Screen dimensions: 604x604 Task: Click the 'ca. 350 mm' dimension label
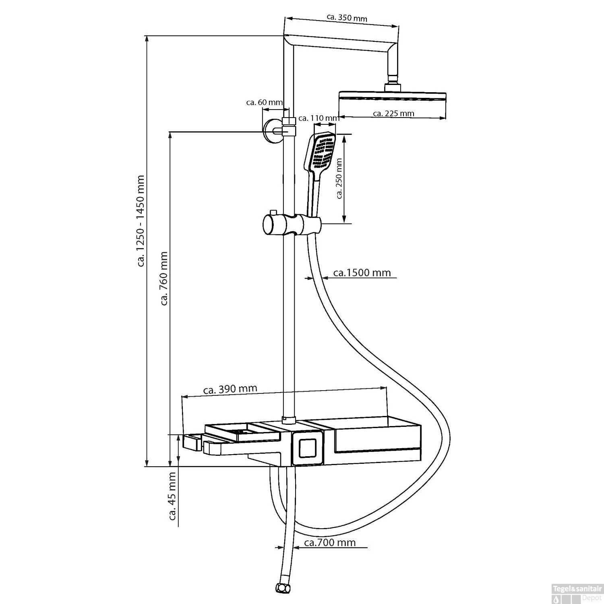tap(347, 18)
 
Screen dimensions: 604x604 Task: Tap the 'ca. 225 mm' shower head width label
tap(393, 114)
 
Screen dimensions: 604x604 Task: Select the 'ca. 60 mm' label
tap(264, 102)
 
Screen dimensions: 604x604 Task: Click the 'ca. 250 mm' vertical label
tap(339, 178)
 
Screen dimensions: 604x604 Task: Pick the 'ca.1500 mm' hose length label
tap(362, 273)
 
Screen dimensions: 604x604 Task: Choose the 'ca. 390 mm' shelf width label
tap(230, 389)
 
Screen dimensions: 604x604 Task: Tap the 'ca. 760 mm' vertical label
tap(163, 278)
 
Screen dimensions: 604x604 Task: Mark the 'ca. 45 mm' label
tap(173, 496)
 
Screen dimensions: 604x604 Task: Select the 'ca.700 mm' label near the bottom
tap(330, 543)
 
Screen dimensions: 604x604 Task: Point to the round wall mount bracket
tap(271, 131)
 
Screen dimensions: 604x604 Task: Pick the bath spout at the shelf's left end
tap(192, 443)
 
